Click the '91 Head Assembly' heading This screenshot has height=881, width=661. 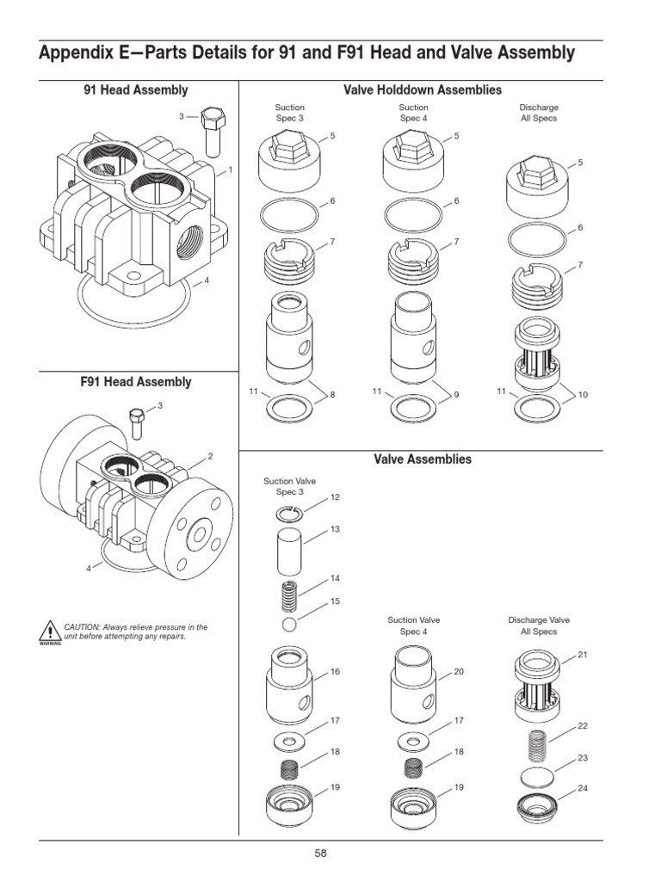[136, 89]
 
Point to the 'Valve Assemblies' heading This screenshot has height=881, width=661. [423, 459]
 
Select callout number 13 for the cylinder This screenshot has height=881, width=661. [336, 529]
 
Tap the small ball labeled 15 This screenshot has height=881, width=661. [290, 623]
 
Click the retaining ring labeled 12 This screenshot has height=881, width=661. [291, 514]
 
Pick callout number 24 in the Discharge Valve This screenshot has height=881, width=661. [583, 788]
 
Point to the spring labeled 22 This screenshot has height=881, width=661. [539, 744]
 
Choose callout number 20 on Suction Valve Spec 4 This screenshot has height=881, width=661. [459, 671]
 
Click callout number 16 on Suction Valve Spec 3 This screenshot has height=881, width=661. [336, 671]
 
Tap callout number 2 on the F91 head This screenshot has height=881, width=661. [209, 456]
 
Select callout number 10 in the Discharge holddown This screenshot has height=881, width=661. [583, 394]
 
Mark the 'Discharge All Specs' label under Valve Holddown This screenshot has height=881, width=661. [539, 113]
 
